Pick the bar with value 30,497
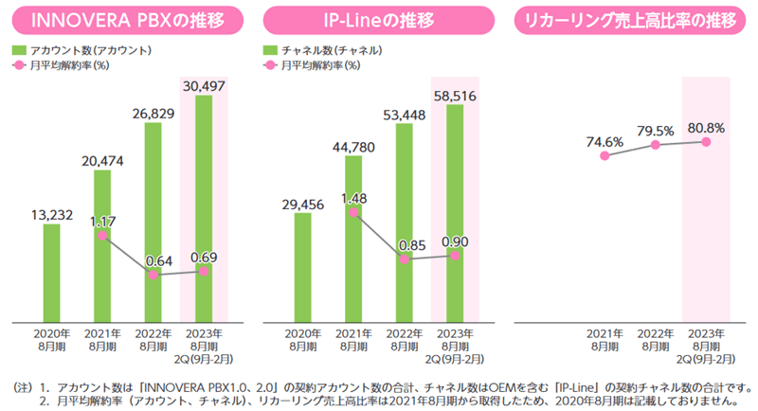coord(204,208)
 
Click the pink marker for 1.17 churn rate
coord(101,235)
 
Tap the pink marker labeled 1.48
coord(353,213)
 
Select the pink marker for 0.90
coord(456,254)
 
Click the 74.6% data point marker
coord(605,156)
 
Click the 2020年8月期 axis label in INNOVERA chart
coord(50,340)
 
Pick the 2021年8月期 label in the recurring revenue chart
coord(605,340)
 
